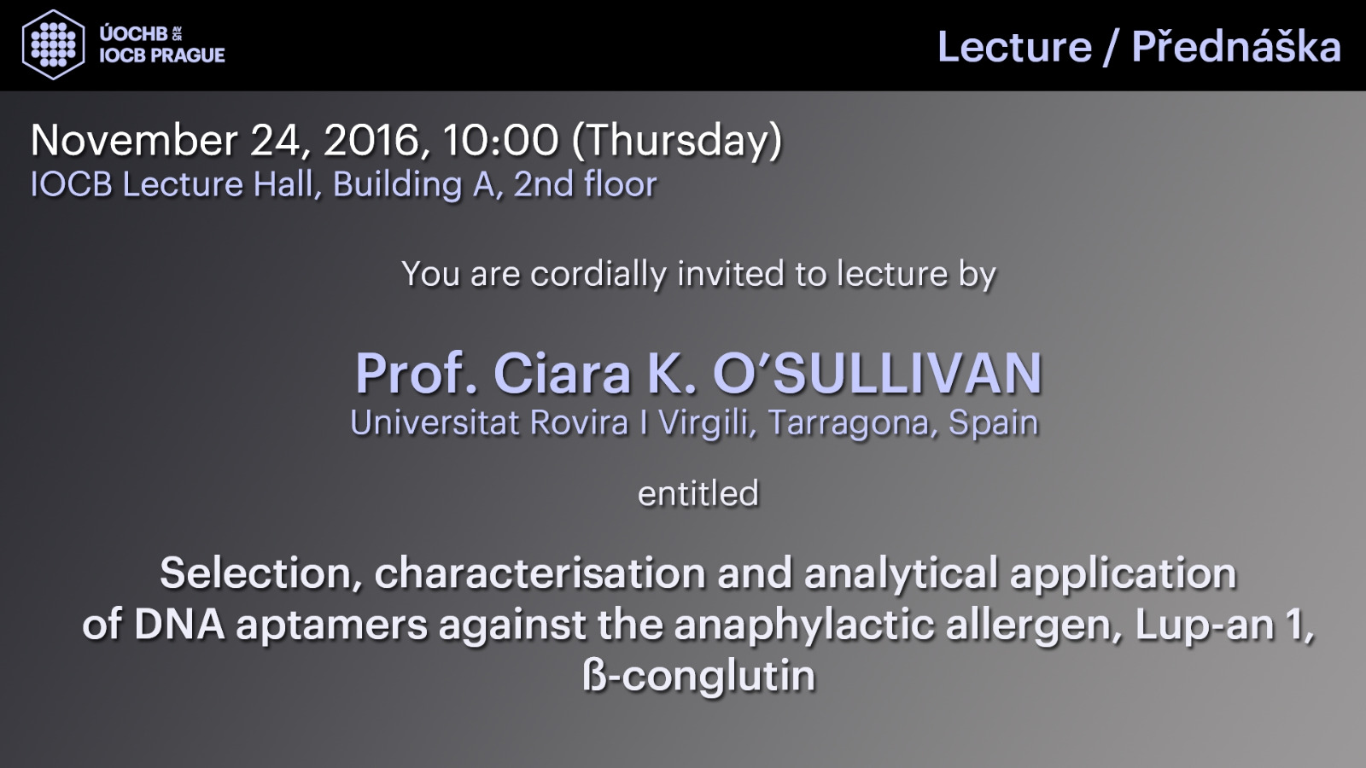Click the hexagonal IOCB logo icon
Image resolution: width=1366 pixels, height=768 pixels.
(x=53, y=44)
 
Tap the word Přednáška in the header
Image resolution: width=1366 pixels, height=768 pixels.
(x=1236, y=45)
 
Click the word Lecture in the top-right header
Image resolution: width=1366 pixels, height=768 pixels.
(x=1014, y=47)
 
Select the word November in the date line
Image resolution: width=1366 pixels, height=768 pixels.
(x=134, y=140)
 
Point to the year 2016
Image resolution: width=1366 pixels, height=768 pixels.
(x=371, y=142)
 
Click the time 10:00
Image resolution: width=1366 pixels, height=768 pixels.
(x=500, y=140)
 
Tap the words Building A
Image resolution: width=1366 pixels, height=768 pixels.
(x=415, y=184)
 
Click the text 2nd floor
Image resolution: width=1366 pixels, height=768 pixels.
(x=585, y=184)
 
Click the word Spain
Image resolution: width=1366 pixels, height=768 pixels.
(x=994, y=423)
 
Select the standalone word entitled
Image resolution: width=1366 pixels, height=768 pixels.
(x=698, y=493)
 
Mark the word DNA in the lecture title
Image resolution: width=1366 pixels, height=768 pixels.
(x=179, y=625)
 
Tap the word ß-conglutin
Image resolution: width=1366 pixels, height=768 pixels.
(x=699, y=678)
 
